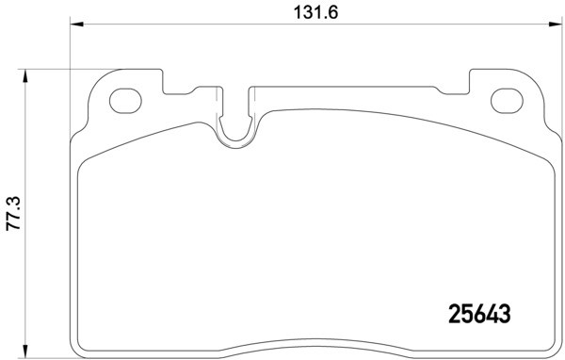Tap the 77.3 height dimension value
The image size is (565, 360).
pos(12,216)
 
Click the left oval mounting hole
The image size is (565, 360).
pos(123,99)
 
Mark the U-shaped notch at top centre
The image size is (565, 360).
pos(237,127)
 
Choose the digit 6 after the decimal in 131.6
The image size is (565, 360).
pos(332,12)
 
